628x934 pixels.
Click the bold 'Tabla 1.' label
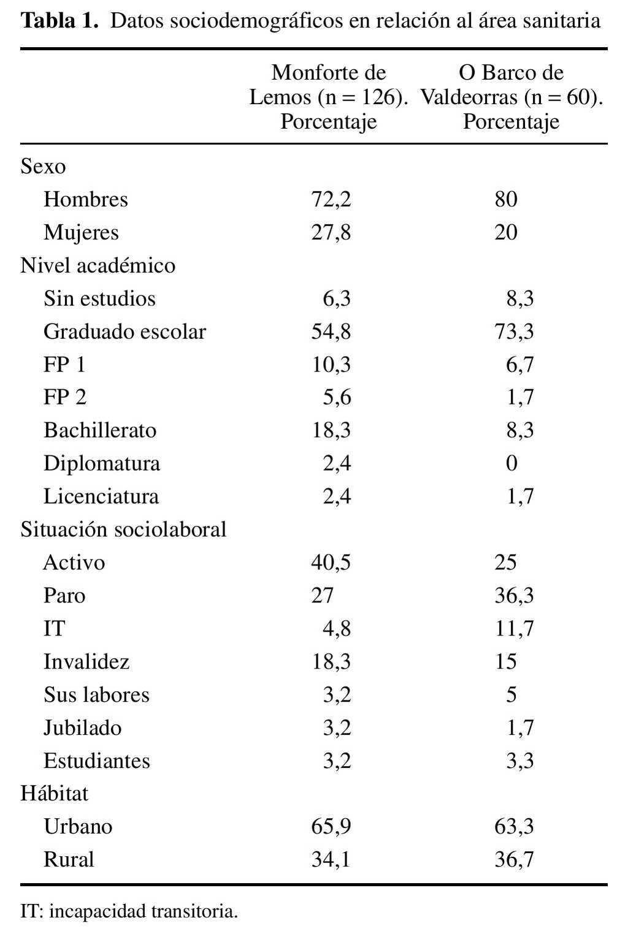[59, 21]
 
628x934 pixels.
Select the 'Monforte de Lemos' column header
[328, 97]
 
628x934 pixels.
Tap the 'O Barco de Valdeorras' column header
[511, 97]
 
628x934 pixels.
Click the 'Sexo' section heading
[43, 166]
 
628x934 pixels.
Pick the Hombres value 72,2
[331, 199]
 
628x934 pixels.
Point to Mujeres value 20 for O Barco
[506, 232]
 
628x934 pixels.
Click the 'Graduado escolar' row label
[124, 332]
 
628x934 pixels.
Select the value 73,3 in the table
[514, 332]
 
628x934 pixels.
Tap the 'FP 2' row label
[65, 398]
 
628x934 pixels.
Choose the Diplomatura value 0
[511, 463]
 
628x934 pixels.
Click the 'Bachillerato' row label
[100, 430]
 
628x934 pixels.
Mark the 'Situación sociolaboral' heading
[123, 530]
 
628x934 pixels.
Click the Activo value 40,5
[331, 563]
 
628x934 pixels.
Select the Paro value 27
[322, 596]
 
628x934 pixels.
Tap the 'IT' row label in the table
[54, 629]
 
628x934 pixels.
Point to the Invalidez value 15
[506, 662]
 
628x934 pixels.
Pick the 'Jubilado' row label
[83, 728]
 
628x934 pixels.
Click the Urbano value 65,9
[331, 827]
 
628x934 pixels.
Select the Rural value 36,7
[514, 860]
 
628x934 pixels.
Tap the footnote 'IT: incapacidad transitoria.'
[129, 911]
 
